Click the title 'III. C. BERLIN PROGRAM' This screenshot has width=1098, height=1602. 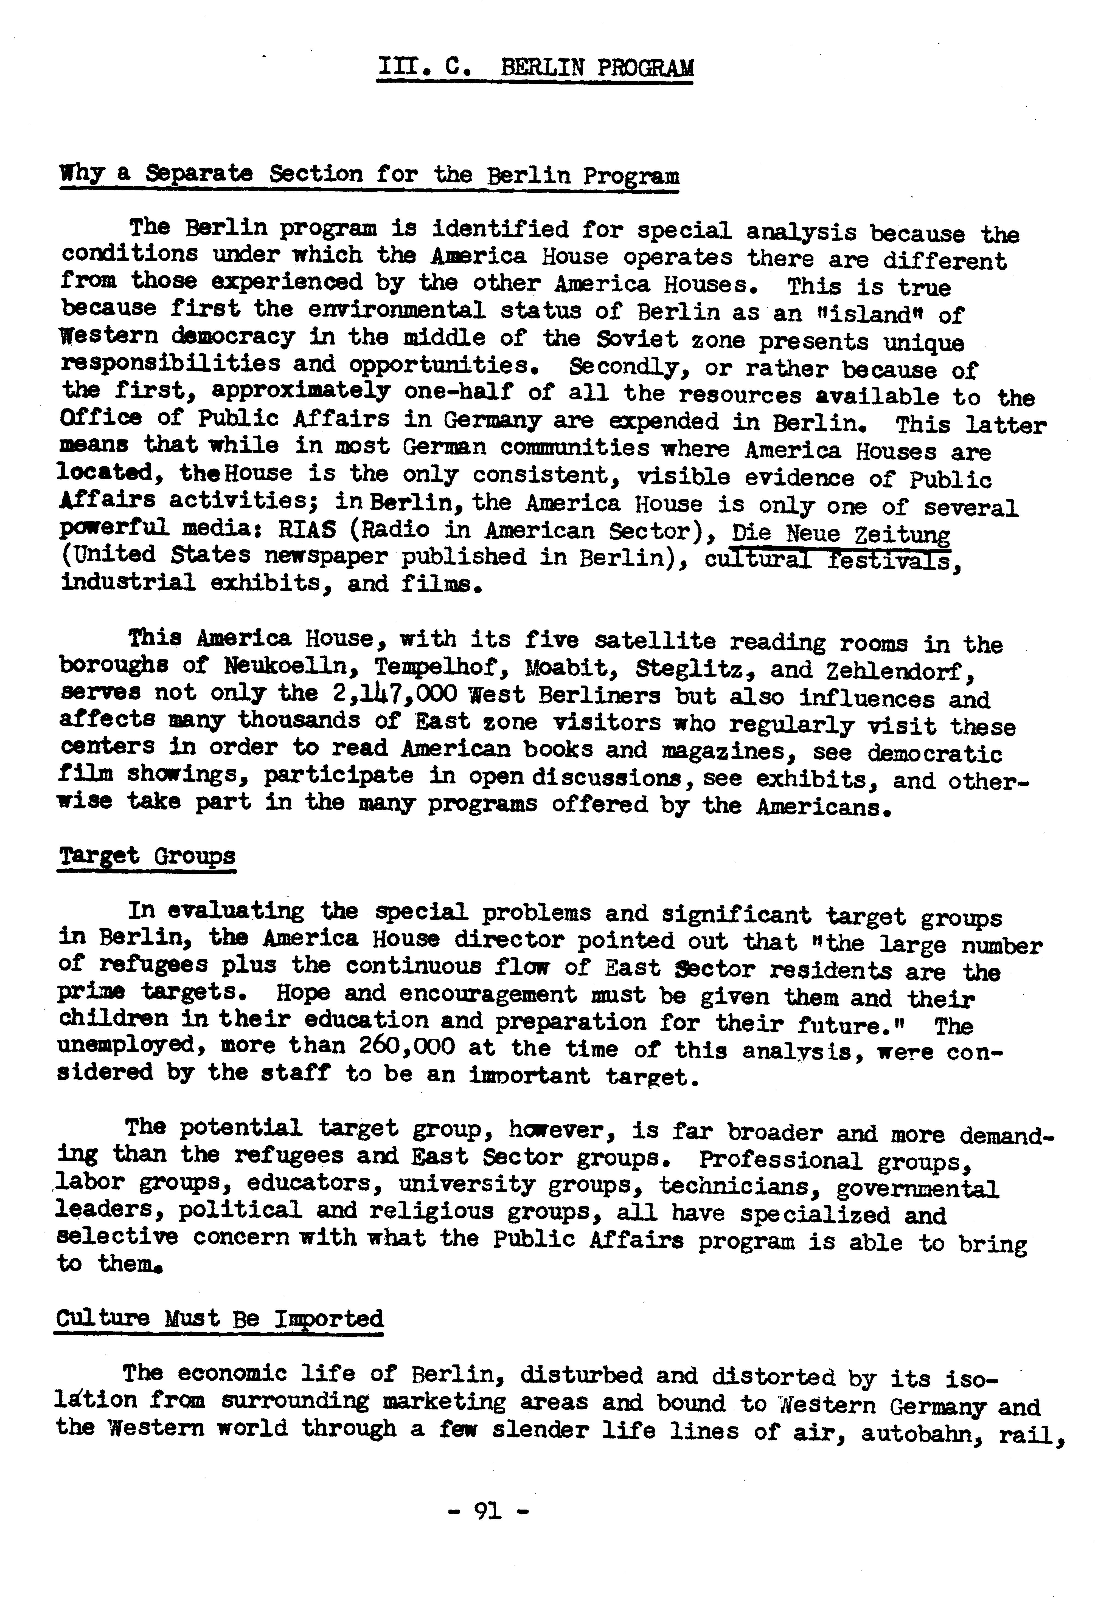click(x=535, y=67)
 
